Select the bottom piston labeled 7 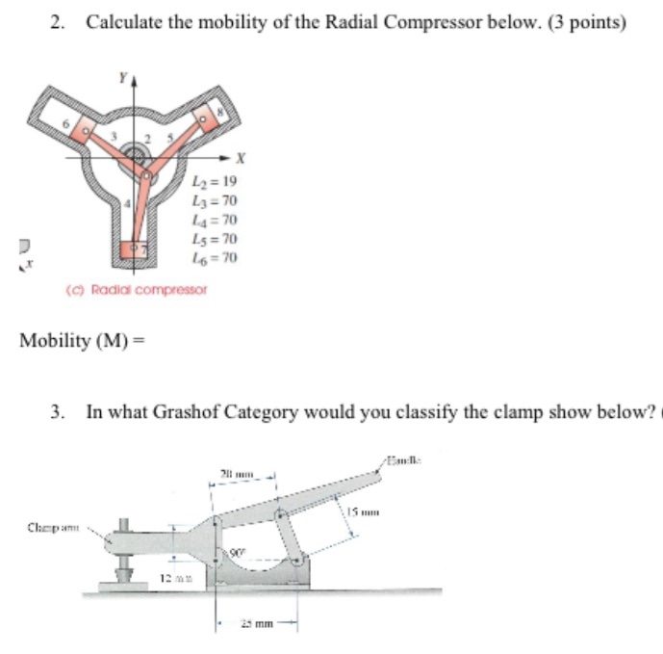[x=137, y=253]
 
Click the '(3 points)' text [x=578, y=22]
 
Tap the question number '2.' [x=60, y=22]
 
